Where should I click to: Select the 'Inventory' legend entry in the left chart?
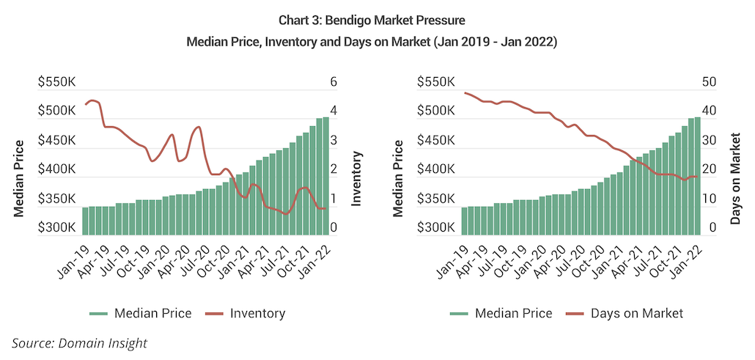[x=257, y=314]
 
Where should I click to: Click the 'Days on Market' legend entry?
[x=636, y=314]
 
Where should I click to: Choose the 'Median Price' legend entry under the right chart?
[x=513, y=314]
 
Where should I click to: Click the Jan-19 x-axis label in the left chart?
[x=72, y=258]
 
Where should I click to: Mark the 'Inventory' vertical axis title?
[x=358, y=177]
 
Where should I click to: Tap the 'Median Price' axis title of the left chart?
[x=20, y=177]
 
